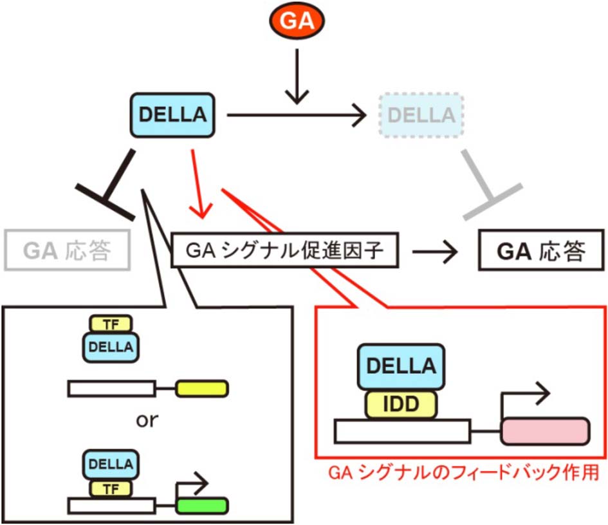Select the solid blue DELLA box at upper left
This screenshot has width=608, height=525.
[172, 115]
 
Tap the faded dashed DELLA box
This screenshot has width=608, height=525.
[421, 115]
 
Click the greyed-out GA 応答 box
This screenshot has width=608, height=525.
[67, 250]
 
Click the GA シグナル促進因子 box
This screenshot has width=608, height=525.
[285, 250]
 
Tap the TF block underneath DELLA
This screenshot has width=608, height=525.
[110, 487]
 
